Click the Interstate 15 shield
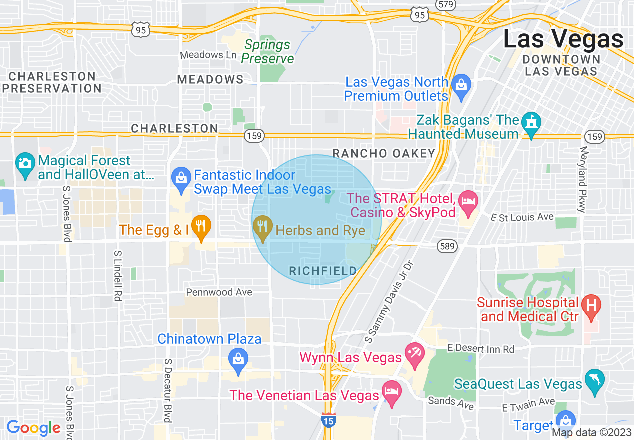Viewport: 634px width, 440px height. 328,419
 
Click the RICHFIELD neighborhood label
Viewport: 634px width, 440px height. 323,271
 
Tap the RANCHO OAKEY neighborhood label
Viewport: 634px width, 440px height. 384,153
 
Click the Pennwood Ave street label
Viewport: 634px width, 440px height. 219,292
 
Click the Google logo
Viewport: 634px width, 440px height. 33,428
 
